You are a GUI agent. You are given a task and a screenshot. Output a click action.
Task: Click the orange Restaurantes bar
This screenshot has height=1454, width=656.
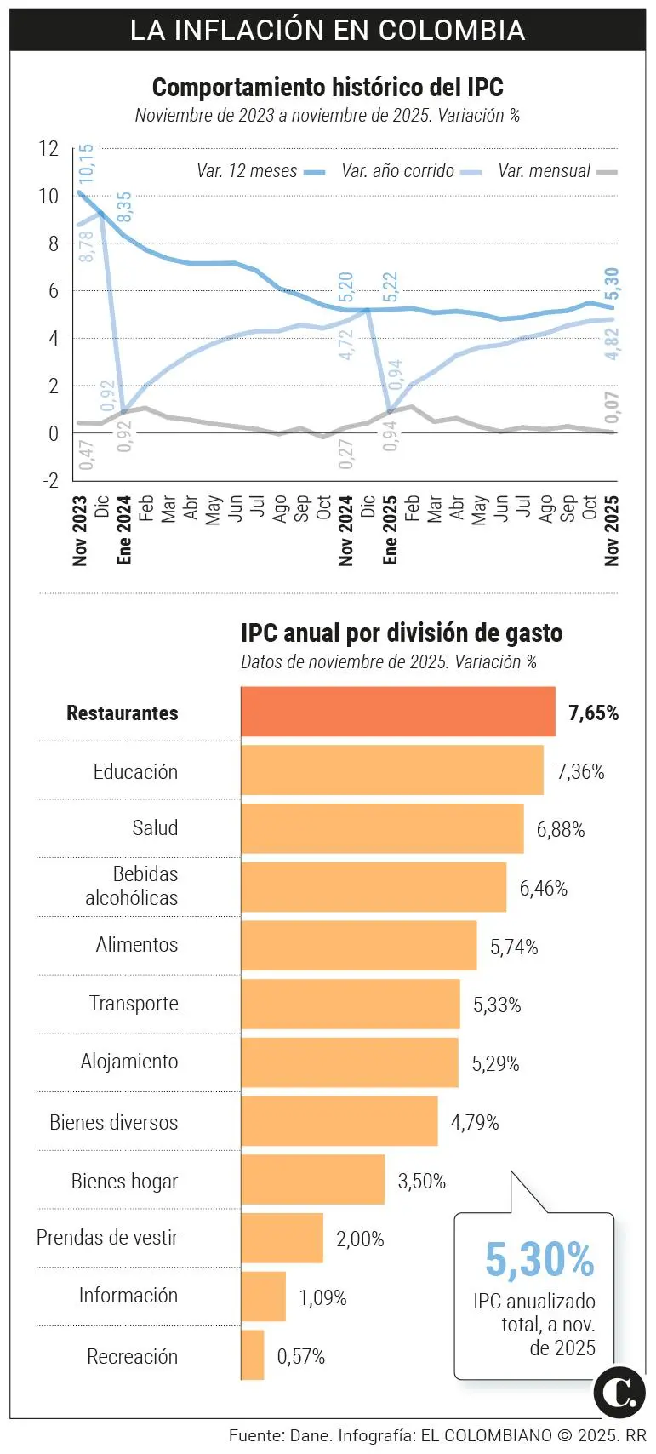pos(397,712)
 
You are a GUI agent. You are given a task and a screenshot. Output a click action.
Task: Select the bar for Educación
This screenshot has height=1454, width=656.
pos(391,770)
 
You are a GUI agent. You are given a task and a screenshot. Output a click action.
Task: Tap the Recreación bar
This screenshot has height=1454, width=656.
pos(253,1355)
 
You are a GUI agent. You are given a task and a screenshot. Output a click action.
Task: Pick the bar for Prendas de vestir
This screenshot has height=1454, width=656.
pos(282,1238)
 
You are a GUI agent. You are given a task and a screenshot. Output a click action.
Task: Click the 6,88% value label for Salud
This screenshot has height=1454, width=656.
pos(560,830)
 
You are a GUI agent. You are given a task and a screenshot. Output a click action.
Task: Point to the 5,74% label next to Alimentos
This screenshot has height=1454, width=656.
pos(514,947)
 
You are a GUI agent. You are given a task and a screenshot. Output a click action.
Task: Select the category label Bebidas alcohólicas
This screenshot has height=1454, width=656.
pos(132,886)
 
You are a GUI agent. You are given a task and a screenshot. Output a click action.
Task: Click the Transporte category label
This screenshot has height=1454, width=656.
pos(134,1004)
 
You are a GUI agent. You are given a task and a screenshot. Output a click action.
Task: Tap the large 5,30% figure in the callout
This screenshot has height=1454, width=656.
pos(539,1259)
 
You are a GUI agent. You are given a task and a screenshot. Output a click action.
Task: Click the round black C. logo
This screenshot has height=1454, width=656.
pos(619,1393)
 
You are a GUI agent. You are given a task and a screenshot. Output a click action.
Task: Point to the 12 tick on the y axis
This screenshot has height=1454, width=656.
pos(48,149)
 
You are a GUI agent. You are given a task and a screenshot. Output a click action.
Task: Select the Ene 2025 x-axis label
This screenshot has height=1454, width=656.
pos(391,530)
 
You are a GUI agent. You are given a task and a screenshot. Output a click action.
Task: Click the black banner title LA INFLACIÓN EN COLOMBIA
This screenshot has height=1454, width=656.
pos(328,30)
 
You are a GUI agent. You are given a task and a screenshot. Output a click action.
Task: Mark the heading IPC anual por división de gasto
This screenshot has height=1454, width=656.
pos(402,633)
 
